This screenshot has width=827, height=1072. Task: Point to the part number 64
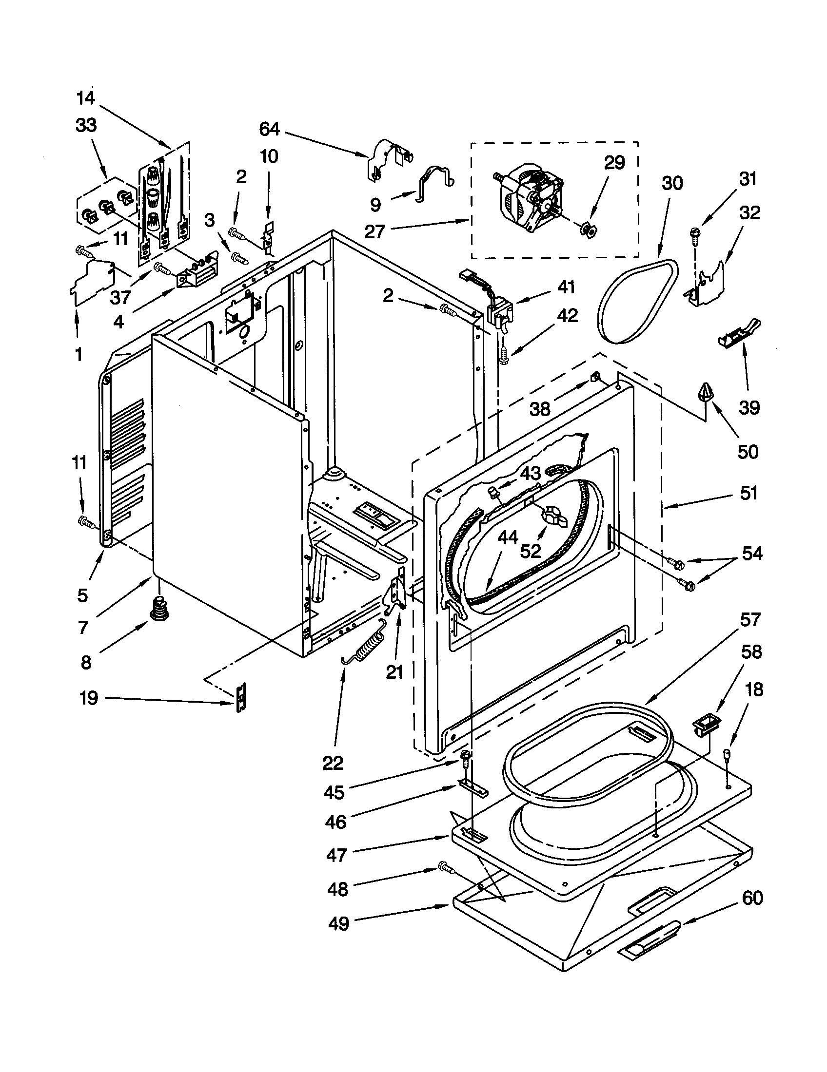tap(269, 129)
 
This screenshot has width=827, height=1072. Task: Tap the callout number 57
tap(750, 619)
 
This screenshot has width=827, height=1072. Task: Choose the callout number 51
tap(748, 493)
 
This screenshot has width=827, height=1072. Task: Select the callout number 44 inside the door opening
tap(507, 538)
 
